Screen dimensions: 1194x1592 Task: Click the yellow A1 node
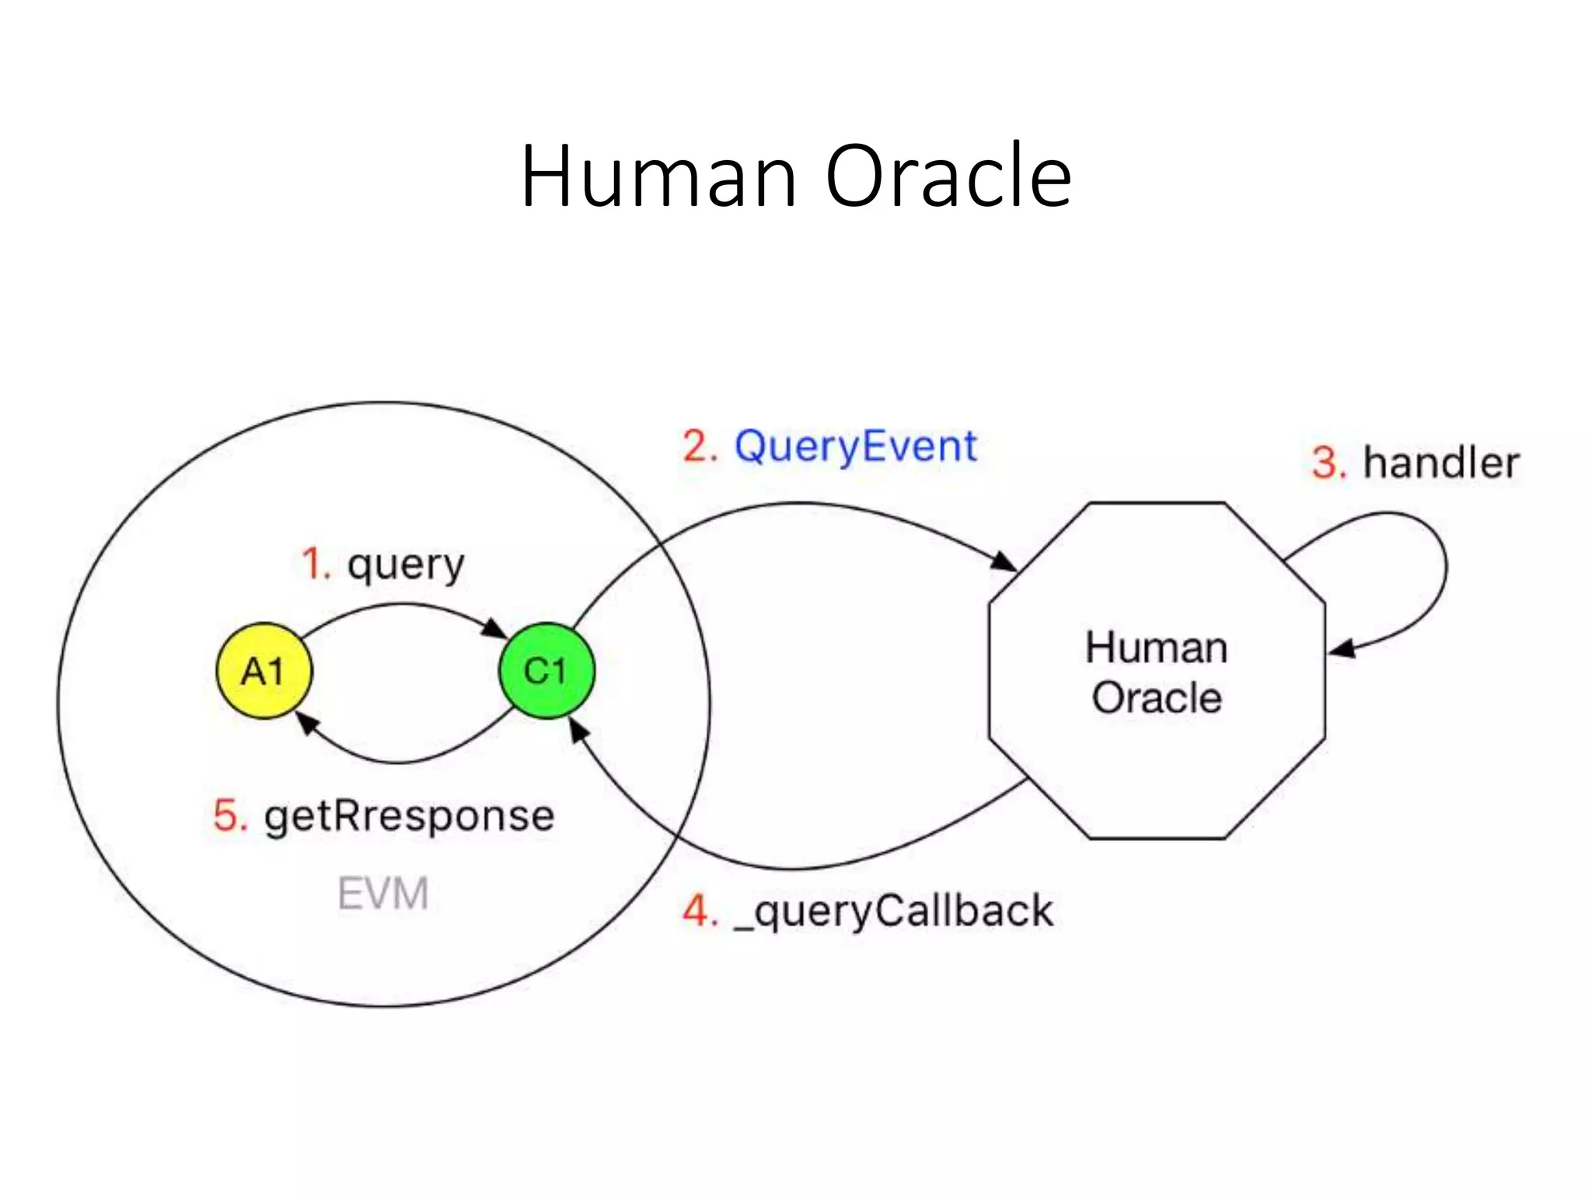pos(264,671)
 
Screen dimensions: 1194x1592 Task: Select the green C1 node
pos(546,671)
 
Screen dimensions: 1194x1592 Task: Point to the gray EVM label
pos(382,893)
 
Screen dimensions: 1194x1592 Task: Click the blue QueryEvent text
pos(855,447)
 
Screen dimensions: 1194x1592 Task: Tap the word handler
pos(1441,463)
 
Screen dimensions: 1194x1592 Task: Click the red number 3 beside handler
pos(1327,464)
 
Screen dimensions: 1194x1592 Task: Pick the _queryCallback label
pos(894,911)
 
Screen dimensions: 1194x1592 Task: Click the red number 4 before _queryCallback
pos(698,911)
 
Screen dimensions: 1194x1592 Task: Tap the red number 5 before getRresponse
pos(229,817)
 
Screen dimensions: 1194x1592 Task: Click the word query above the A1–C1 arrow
pos(406,565)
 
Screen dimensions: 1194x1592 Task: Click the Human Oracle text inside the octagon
pos(1157,672)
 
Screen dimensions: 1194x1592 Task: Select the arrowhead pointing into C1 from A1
pos(495,629)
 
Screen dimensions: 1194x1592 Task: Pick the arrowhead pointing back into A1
pos(308,723)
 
